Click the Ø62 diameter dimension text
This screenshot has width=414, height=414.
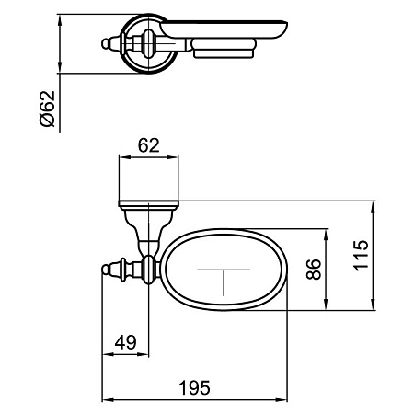point(49,109)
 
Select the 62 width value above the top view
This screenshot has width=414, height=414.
point(148,144)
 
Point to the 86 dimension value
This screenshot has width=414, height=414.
point(314,269)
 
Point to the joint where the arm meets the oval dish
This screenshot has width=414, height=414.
point(158,269)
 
